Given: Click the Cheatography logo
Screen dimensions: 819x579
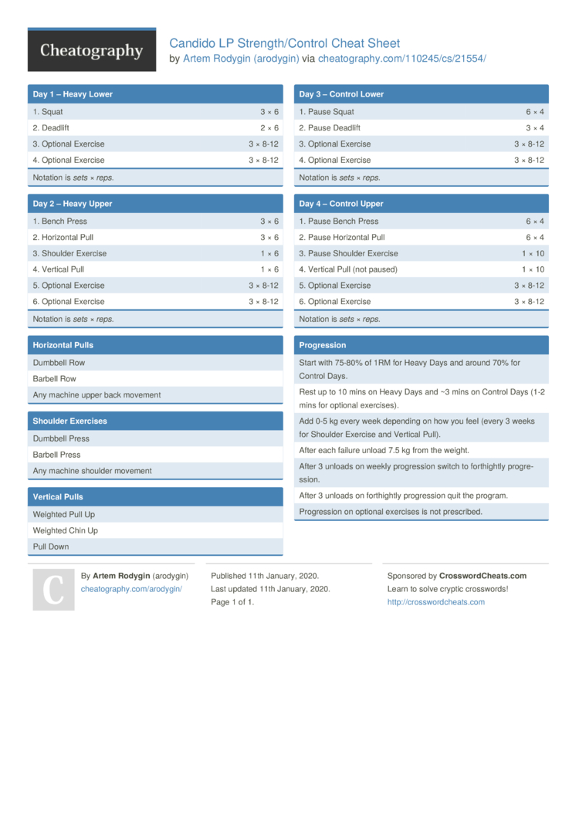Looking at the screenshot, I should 91,50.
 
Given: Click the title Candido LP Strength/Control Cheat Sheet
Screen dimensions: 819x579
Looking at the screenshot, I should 284,43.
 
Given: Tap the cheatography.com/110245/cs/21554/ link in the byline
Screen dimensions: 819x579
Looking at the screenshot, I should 401,58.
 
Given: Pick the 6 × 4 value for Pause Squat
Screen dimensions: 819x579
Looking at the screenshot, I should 535,112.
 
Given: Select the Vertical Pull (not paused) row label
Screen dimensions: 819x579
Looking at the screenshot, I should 348,269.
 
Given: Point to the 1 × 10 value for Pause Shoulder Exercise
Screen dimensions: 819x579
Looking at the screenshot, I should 533,253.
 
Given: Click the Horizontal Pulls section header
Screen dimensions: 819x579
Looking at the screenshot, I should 63,345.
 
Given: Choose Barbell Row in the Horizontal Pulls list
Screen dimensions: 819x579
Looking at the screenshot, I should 54,379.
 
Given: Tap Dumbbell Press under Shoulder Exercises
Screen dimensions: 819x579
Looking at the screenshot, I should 61,438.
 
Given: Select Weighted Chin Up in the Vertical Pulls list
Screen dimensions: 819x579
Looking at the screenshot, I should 65,531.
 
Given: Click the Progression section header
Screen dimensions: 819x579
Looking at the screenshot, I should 323,345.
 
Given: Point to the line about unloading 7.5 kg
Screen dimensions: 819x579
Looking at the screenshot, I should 384,450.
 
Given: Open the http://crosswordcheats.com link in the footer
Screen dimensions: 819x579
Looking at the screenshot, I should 435,602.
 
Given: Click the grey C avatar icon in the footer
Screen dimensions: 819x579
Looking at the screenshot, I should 53,590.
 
